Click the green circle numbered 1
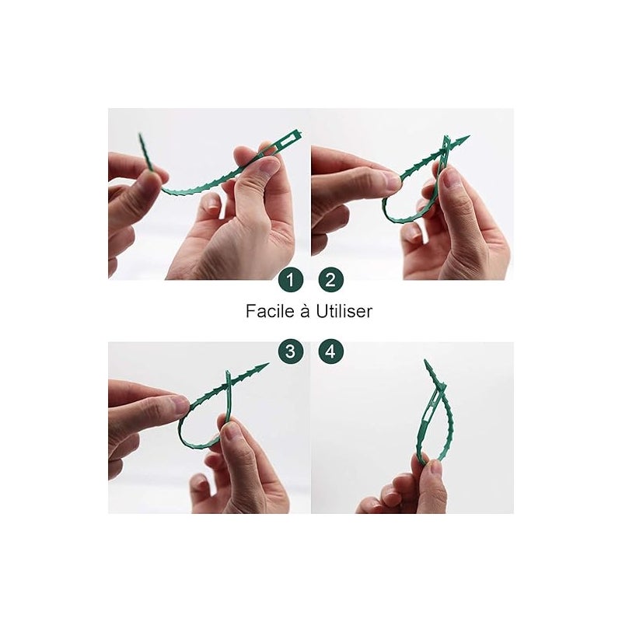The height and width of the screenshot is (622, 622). click(x=291, y=280)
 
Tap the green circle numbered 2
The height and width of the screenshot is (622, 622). click(x=331, y=280)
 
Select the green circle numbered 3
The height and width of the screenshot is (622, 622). click(x=291, y=351)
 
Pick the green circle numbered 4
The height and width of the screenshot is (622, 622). click(x=331, y=351)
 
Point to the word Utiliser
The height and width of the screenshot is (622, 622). click(x=344, y=311)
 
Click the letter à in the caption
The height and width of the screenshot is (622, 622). click(x=305, y=311)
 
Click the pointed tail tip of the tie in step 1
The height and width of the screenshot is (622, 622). click(x=140, y=135)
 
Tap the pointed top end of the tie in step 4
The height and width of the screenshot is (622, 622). click(x=425, y=361)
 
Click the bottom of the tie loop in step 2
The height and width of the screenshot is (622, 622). click(x=400, y=220)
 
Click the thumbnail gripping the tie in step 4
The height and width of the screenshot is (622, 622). click(x=435, y=468)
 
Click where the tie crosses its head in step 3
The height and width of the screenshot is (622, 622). click(x=229, y=381)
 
